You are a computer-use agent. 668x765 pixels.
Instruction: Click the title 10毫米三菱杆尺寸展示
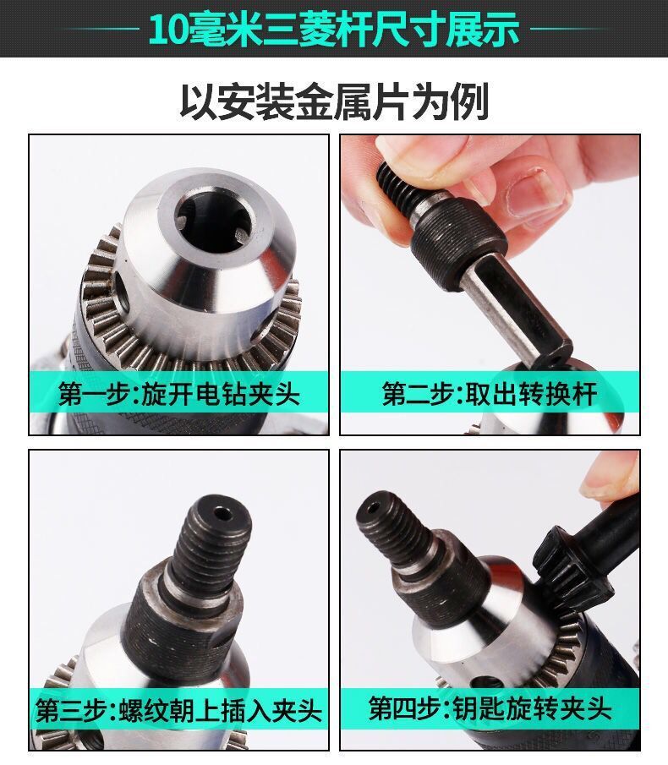tap(334, 30)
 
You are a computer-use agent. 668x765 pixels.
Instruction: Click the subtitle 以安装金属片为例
tap(334, 102)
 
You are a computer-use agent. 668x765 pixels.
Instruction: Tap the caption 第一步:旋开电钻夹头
tap(178, 394)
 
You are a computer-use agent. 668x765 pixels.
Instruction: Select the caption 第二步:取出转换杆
tap(490, 394)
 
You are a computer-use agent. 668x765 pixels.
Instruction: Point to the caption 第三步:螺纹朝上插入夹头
tap(178, 710)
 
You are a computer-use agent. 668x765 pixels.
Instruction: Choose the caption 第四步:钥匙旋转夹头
tap(490, 708)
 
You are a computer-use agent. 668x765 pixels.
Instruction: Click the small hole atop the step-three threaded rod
tap(223, 514)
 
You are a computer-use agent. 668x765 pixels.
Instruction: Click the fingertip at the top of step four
tap(611, 478)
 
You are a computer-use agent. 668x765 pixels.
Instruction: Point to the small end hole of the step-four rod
tap(374, 509)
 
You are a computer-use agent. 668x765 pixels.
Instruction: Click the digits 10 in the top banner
tap(168, 30)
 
